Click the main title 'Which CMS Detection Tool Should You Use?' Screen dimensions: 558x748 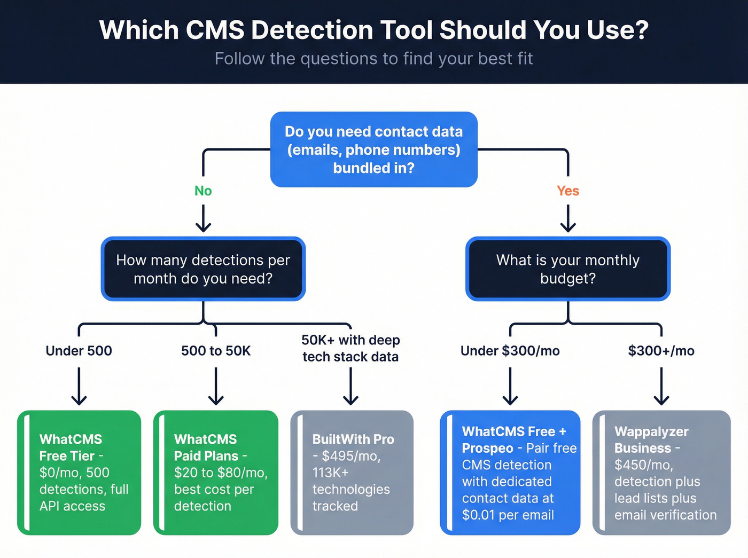(x=373, y=30)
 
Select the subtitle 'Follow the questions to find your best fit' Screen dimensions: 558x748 (x=373, y=58)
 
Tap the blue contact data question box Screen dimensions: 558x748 (x=373, y=150)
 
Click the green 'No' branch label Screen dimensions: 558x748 (x=203, y=191)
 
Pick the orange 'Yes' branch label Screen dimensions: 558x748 (x=567, y=191)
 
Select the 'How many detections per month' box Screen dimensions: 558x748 (x=203, y=269)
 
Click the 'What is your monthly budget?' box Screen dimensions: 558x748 (x=567, y=269)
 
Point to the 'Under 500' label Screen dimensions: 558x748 (x=79, y=351)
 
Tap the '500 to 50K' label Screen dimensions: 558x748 (x=216, y=351)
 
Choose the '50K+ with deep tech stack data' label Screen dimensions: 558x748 (x=350, y=348)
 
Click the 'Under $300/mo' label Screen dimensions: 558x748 (x=510, y=351)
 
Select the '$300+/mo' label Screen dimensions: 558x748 (x=661, y=351)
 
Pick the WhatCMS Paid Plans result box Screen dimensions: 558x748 (x=216, y=473)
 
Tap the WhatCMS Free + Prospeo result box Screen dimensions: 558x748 (x=510, y=473)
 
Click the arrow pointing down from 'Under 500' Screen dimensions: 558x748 (x=79, y=387)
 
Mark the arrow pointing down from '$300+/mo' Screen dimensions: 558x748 (x=661, y=387)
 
